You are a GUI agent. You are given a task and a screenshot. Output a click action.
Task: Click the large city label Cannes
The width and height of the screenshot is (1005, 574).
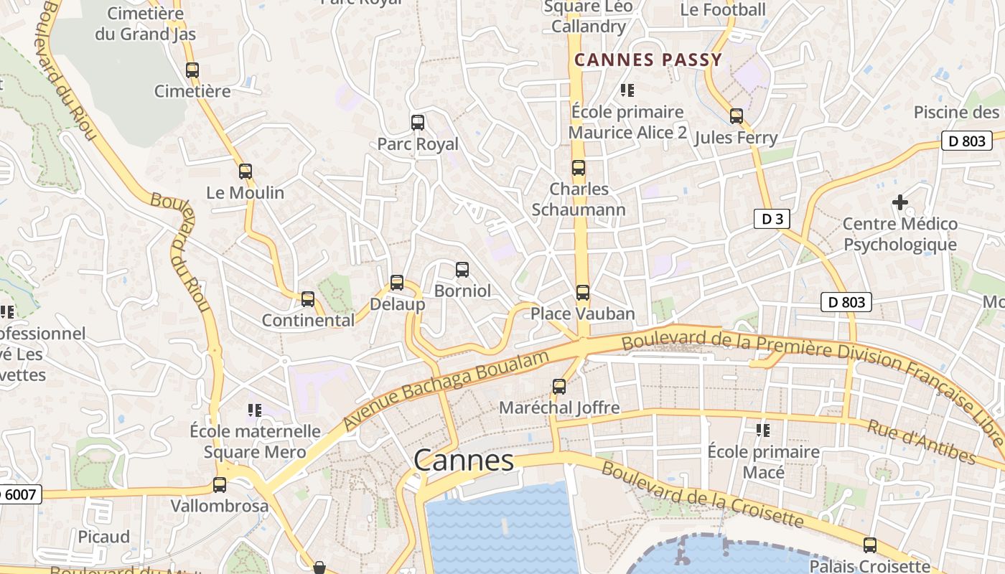click(464, 461)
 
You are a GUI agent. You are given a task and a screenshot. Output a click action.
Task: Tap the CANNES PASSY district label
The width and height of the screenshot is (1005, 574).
click(648, 60)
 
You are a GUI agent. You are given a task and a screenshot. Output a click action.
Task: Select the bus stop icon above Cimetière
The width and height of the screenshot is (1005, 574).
click(192, 70)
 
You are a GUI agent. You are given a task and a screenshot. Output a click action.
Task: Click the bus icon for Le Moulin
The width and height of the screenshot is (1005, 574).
click(246, 171)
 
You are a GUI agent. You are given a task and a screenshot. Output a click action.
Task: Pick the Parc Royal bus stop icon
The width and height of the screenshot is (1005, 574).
click(418, 123)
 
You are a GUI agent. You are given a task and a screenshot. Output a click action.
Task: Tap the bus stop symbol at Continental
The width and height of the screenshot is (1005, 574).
click(308, 299)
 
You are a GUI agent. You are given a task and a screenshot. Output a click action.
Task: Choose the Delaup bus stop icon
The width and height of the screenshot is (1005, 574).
click(397, 283)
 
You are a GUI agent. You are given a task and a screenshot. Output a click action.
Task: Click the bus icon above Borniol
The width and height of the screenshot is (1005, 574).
click(462, 270)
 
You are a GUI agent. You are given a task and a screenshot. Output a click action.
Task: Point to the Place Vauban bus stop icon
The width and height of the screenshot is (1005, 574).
click(583, 293)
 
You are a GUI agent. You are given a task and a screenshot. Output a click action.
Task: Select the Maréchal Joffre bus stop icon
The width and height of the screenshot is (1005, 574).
click(559, 387)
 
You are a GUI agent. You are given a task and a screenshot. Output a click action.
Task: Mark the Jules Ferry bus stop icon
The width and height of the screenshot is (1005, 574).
click(737, 116)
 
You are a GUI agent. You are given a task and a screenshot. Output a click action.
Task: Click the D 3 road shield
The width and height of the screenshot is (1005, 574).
click(772, 219)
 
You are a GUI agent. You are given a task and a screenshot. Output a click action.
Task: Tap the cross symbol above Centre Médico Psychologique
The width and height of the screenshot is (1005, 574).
click(899, 202)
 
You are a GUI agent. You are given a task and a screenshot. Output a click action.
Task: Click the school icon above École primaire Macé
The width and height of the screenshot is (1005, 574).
click(762, 430)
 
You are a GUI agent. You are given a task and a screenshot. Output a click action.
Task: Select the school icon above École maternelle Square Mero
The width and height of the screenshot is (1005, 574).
click(254, 410)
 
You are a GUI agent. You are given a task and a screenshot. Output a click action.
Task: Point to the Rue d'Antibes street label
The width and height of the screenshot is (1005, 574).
click(921, 442)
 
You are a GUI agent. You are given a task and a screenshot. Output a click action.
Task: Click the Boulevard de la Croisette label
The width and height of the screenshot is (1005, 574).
click(701, 494)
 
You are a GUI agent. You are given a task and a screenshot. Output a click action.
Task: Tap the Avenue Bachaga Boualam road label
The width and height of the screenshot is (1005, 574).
click(446, 390)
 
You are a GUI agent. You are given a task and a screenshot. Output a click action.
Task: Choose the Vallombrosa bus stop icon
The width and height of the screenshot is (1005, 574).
click(220, 485)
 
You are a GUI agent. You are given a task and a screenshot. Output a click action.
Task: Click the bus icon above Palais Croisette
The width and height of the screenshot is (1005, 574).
click(870, 545)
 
